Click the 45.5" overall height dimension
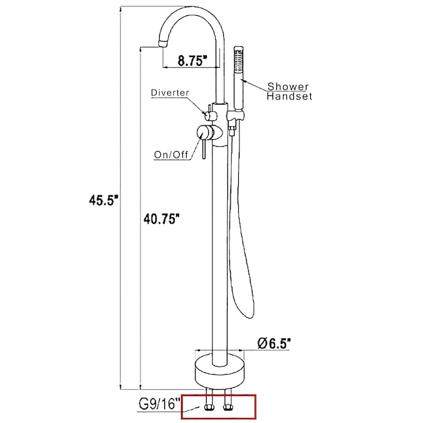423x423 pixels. click(103, 201)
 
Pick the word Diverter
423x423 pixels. click(170, 93)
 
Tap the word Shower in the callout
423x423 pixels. click(288, 86)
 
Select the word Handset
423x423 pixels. click(290, 97)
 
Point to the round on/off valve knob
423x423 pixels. click(206, 132)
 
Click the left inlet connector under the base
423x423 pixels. click(209, 406)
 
